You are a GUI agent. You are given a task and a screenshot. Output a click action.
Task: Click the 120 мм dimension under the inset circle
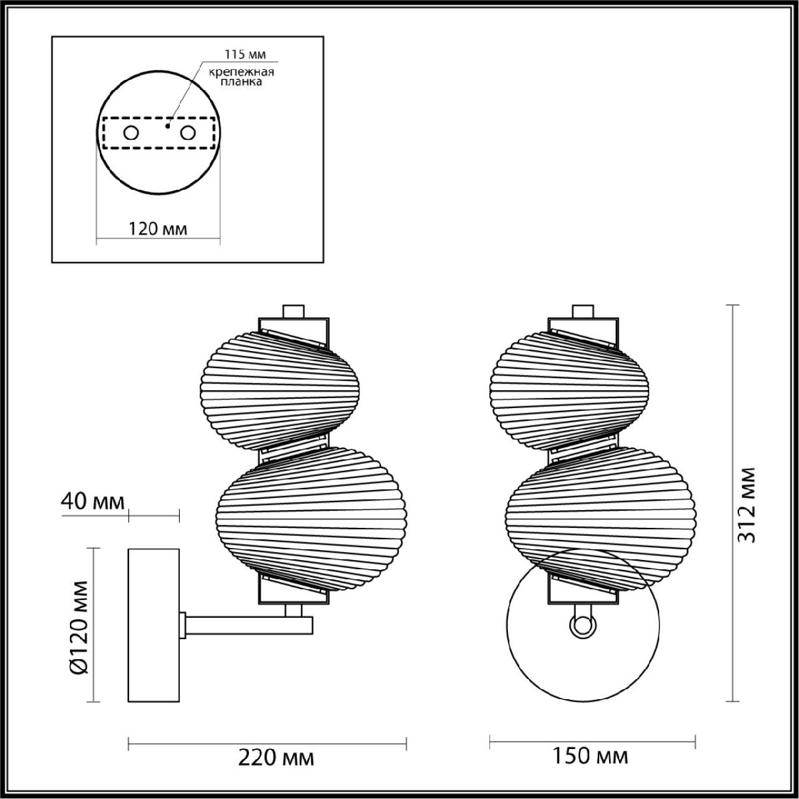tap(158, 229)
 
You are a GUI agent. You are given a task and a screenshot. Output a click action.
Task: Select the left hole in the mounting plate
tap(131, 133)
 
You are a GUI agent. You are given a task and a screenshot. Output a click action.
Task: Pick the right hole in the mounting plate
tap(188, 133)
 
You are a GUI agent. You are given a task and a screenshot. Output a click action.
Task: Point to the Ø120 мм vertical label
tap(79, 625)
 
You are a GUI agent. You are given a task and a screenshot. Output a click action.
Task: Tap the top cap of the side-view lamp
tap(293, 310)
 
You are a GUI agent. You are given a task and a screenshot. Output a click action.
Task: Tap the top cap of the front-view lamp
tap(583, 310)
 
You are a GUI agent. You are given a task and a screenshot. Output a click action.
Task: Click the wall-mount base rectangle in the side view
tap(153, 625)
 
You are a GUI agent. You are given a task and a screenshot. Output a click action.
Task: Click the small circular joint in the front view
tap(583, 625)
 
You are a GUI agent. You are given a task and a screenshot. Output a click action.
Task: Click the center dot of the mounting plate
tap(168, 125)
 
